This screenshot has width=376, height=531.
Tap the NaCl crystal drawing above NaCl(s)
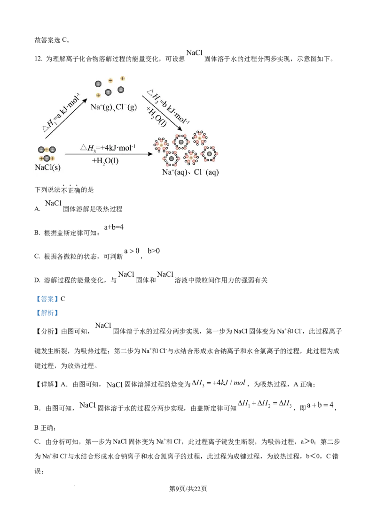[x=47, y=154]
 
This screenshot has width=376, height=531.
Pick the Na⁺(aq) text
[x=175, y=172]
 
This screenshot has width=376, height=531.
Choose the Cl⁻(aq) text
[x=206, y=172]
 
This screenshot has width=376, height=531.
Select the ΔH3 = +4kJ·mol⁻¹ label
[x=108, y=148]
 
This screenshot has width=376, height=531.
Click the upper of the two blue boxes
[x=47, y=299]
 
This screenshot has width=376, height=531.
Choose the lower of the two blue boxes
[x=47, y=313]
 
